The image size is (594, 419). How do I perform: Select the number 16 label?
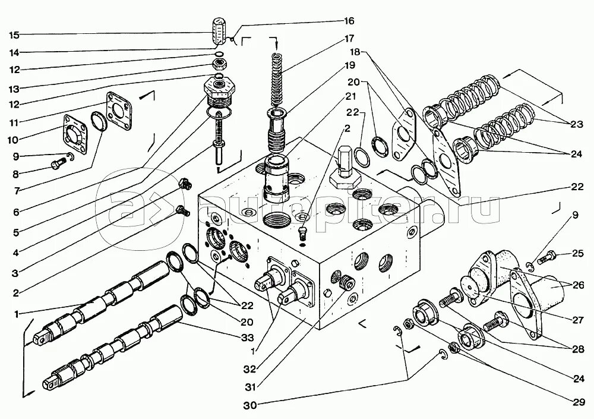pyautogui.click(x=348, y=21)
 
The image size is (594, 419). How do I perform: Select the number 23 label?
pyautogui.click(x=577, y=124)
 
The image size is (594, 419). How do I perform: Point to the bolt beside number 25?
pyautogui.click(x=548, y=258)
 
